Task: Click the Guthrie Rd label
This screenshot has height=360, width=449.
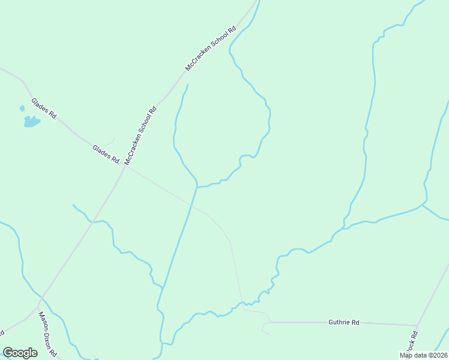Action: point(344,322)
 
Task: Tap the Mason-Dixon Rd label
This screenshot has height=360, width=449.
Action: point(47,334)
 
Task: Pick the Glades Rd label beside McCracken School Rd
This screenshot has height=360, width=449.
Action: point(106,154)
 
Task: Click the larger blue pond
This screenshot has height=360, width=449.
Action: point(31,122)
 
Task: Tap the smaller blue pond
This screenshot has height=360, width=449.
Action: point(22,109)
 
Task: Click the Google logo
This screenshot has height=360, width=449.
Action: point(20,353)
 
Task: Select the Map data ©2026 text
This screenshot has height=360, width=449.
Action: point(423,355)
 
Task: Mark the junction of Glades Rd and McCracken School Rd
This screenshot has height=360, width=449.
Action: point(125,166)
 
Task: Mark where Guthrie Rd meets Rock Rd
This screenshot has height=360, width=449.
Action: point(417,326)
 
